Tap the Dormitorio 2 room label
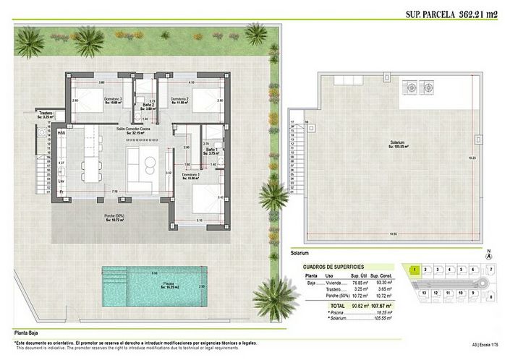(x=179, y=98)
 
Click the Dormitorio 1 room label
(x=191, y=174)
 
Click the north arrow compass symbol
(x=490, y=255)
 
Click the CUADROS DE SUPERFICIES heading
(x=337, y=267)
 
